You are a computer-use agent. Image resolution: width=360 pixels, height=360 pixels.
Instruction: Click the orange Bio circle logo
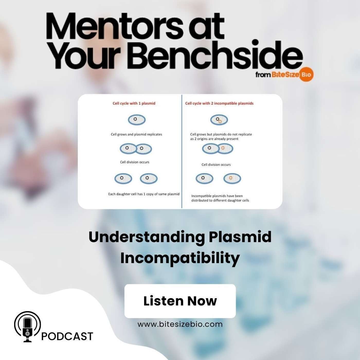(306, 75)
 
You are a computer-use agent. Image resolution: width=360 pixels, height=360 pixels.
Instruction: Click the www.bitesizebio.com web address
(180, 324)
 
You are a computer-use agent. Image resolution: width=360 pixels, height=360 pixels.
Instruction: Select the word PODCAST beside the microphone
(67, 336)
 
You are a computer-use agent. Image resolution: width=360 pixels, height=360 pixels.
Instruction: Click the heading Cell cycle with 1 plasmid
(134, 103)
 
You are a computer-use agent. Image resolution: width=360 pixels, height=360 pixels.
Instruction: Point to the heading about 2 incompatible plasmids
(219, 103)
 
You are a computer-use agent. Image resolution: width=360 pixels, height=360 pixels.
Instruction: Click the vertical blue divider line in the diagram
(182, 151)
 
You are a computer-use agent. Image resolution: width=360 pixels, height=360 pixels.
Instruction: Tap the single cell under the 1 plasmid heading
(137, 120)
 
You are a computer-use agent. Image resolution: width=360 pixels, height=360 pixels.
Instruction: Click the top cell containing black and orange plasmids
(219, 120)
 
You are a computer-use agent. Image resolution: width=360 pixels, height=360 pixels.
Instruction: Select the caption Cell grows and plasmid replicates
(136, 134)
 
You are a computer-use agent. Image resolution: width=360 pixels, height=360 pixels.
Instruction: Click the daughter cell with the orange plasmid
(232, 178)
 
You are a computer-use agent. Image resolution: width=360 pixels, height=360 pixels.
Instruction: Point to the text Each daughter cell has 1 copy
(144, 194)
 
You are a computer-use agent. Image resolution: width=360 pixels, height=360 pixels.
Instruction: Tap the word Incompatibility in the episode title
(180, 258)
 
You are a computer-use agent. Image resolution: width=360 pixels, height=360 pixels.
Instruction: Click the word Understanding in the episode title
(147, 237)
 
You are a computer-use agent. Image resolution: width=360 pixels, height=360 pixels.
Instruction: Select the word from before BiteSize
(263, 75)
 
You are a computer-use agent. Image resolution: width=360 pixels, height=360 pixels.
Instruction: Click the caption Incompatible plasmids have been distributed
(220, 198)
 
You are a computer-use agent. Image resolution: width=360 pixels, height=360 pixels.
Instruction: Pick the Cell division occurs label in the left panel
(135, 162)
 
